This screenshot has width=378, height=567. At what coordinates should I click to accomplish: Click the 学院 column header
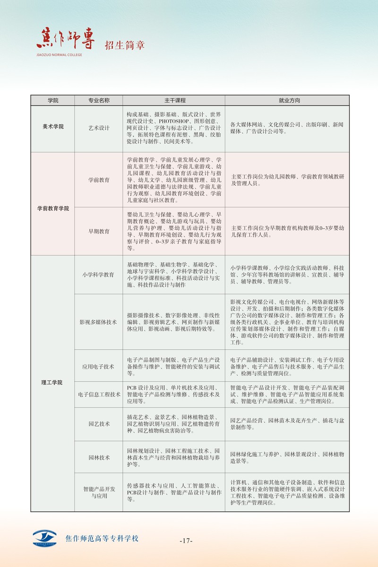pos(53,101)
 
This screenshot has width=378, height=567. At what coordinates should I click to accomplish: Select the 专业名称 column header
pos(99,101)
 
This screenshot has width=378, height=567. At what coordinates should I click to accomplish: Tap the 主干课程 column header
pos(174,101)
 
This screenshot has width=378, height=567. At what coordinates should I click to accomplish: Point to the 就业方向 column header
pos(287,101)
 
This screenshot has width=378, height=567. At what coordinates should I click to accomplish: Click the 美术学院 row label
pos(53,128)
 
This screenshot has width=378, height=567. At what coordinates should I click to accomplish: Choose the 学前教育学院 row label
pos(53,208)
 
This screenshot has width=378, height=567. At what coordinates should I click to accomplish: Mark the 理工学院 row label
pos(53,382)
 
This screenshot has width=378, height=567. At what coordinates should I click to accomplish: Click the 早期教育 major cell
pos(99,232)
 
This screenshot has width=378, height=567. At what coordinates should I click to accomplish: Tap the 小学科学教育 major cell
pos(99,275)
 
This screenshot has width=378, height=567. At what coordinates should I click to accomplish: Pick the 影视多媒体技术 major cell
pos(99,322)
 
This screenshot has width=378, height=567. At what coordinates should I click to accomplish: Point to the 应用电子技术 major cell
pos(99,366)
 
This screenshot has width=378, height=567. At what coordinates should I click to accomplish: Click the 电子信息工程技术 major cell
pos(99,395)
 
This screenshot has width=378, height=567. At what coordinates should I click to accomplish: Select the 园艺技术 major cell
pos(99,424)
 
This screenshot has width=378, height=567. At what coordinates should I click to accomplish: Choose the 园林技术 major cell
pos(99,457)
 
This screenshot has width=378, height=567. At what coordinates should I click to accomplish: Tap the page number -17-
pos(186,541)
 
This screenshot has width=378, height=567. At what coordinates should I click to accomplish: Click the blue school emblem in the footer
pos(44,538)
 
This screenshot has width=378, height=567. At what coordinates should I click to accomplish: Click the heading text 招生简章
pos(124,45)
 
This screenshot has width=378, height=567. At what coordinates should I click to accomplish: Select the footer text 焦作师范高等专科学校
pos(102,538)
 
